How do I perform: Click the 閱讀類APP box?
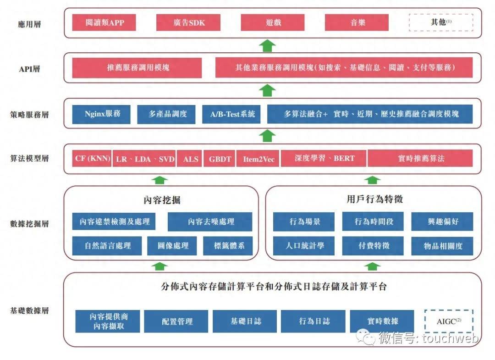click(x=104, y=22)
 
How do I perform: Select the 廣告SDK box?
click(x=188, y=22)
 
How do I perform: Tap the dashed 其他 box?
click(x=441, y=22)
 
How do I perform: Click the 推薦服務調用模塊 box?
click(x=137, y=67)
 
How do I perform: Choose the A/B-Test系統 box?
click(x=232, y=114)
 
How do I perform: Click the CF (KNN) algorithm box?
click(x=92, y=159)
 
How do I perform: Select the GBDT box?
click(x=220, y=159)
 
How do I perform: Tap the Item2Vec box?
click(x=258, y=159)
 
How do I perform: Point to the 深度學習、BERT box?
click(x=324, y=159)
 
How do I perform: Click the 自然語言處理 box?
click(x=107, y=246)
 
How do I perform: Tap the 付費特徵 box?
click(x=374, y=246)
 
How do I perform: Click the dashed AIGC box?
click(x=448, y=321)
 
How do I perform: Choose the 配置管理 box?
click(x=176, y=321)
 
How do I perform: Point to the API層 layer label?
click(x=29, y=69)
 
